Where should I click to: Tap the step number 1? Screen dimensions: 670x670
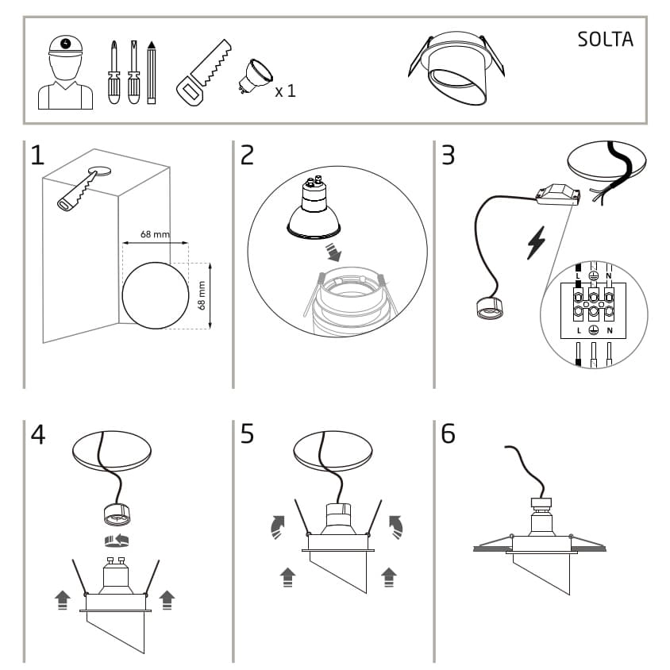point(37,155)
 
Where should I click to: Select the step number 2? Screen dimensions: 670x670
point(247,155)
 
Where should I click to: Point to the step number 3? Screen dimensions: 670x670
point(448,155)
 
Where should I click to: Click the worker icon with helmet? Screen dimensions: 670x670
point(65,74)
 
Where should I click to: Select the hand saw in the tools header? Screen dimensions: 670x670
point(202,71)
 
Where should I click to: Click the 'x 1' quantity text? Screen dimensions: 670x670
point(285,91)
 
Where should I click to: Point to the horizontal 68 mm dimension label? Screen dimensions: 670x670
point(155,234)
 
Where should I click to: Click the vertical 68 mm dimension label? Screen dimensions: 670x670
point(202,295)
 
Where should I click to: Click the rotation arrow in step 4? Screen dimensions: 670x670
point(117,541)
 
